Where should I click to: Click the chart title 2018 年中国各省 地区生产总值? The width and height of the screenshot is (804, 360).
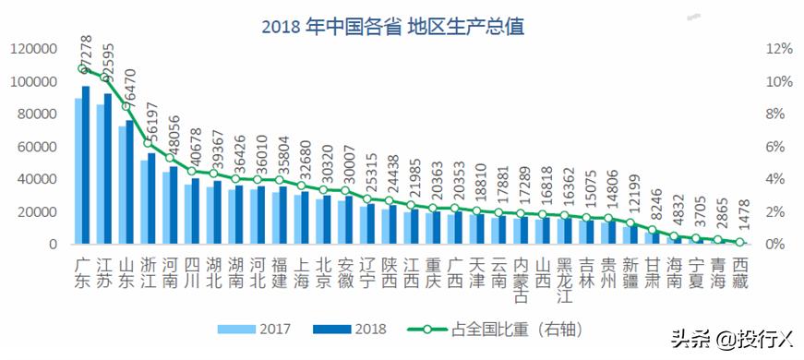click(x=392, y=27)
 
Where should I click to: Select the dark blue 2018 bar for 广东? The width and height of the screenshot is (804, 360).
click(x=86, y=166)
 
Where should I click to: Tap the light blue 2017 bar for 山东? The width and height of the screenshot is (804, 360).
click(x=123, y=185)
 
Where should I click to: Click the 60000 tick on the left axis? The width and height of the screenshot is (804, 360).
click(x=40, y=147)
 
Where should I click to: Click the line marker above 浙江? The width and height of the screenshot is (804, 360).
click(x=150, y=143)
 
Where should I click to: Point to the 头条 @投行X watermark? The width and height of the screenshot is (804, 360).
click(x=728, y=341)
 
